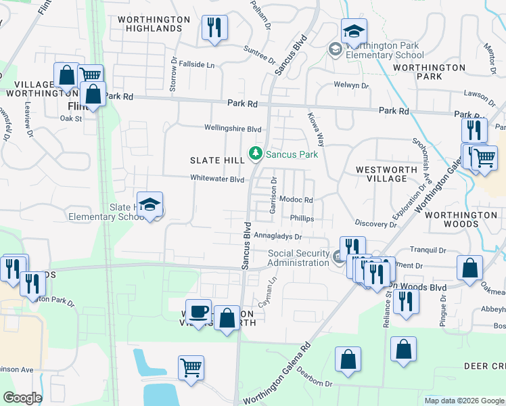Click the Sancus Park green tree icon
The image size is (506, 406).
pos(256,154)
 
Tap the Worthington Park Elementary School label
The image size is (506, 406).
pos(385,50)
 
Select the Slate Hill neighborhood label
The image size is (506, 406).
pos(216,160)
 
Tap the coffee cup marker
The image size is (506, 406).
pos(198,311)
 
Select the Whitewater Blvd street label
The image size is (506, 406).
pos(217,179)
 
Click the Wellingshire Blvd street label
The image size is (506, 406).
pos(233,128)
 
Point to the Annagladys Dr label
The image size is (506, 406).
pos(277,237)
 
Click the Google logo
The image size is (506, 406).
pos(22,398)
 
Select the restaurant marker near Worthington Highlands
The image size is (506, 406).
pos(214,28)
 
